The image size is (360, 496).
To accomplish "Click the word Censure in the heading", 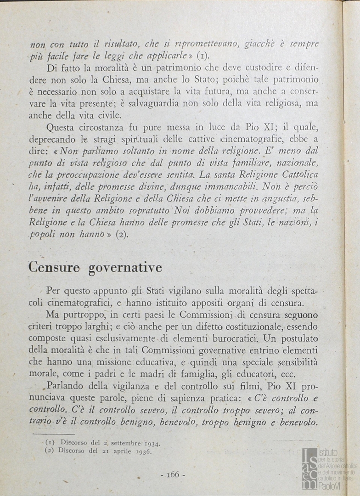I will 54,267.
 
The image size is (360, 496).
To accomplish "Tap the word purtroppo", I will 84,315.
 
